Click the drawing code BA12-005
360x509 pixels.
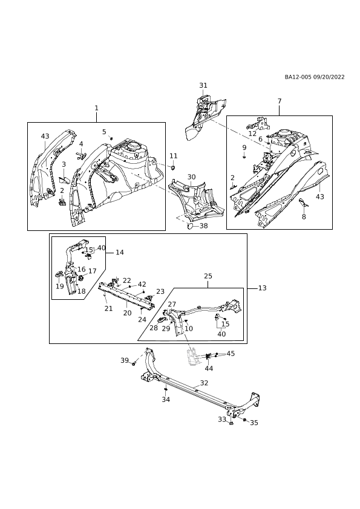coord(298,77)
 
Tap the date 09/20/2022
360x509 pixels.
coord(329,77)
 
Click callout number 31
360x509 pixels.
coord(203,85)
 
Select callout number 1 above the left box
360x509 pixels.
coord(96,108)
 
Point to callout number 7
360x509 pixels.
coord(280,102)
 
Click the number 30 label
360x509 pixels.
coord(192,177)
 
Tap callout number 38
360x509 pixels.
coord(203,226)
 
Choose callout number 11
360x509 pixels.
coord(174,156)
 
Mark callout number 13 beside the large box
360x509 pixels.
coord(262,288)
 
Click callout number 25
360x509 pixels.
coord(208,276)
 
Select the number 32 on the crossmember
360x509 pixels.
coord(204,383)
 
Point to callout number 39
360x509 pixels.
coord(125,360)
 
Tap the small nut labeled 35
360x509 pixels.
coord(244,420)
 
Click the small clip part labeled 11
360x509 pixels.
coord(173,167)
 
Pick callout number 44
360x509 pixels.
coord(209,368)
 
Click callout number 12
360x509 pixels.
coord(252,134)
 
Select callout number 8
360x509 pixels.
coord(304,216)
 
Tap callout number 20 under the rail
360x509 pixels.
coord(128,313)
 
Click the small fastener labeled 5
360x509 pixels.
coord(111,138)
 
